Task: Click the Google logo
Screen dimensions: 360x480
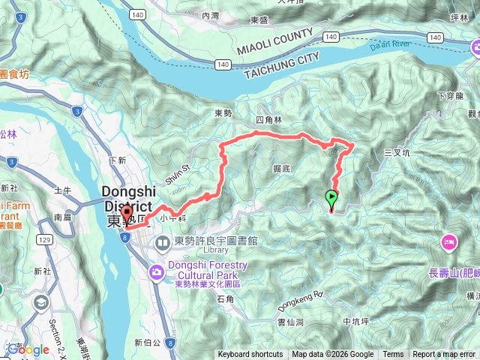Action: pos(28,349)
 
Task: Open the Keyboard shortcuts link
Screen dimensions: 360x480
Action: pos(250,355)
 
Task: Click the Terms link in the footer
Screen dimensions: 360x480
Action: pos(393,355)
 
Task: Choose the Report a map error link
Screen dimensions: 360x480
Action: pos(445,355)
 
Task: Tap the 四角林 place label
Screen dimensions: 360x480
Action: pos(268,120)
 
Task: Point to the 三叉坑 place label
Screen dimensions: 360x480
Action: pos(397,152)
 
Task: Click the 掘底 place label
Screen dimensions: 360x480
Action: pos(282,169)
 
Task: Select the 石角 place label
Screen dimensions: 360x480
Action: pos(225,299)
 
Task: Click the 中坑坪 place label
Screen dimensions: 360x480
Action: pos(355,322)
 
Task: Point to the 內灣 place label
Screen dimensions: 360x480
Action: pos(211,14)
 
